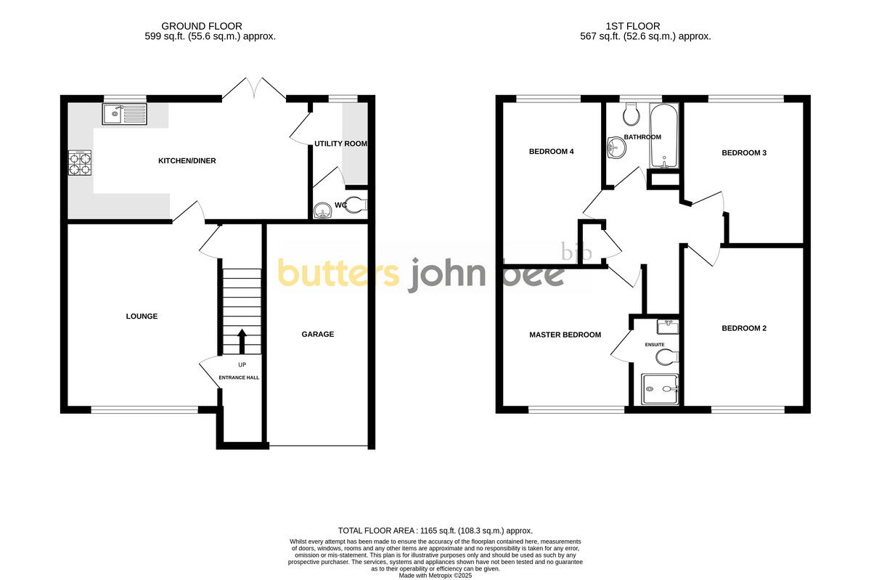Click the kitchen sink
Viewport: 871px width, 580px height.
click(x=124, y=114)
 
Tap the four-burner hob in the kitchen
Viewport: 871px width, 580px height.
click(x=80, y=163)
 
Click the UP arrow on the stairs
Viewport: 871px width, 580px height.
click(x=242, y=340)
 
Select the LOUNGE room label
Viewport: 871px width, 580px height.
click(x=142, y=316)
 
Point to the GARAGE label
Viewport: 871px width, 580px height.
click(x=318, y=334)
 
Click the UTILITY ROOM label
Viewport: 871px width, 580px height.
click(x=340, y=144)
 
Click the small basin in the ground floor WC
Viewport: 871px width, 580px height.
click(x=322, y=211)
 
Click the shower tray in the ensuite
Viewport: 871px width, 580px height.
click(x=660, y=390)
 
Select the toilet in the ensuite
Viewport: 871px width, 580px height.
click(x=666, y=356)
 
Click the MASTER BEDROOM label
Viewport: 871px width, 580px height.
click(x=565, y=335)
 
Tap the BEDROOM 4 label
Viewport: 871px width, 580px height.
click(x=552, y=152)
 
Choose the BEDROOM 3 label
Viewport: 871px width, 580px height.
click(x=744, y=152)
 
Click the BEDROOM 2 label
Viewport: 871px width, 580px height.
click(x=744, y=328)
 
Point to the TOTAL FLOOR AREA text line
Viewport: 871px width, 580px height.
click(x=435, y=531)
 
